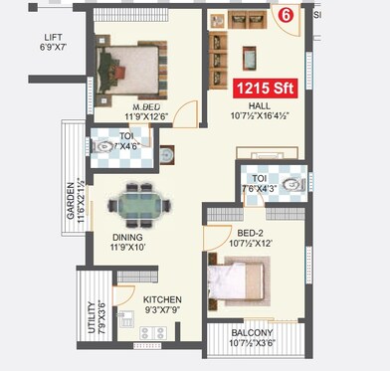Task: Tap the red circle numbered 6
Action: click(286, 14)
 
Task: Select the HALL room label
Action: click(259, 105)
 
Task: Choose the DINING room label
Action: click(127, 238)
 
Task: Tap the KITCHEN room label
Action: click(162, 298)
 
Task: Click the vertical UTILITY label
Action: click(91, 317)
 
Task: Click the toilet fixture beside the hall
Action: click(291, 186)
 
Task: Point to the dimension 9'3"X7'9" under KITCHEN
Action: click(161, 309)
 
